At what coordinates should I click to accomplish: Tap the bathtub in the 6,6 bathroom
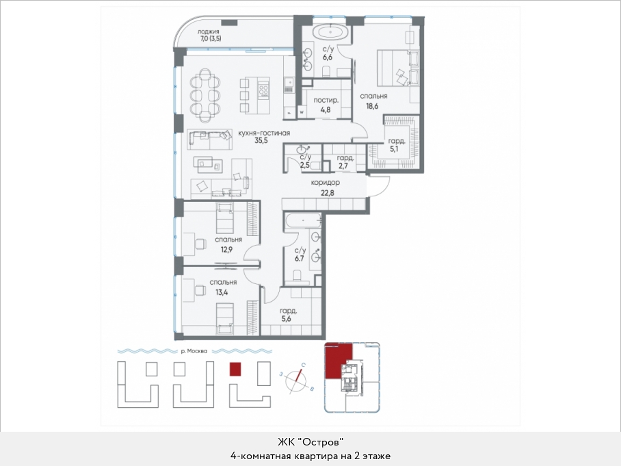(331, 31)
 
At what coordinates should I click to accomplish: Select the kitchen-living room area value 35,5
(261, 140)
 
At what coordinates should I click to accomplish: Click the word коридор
(325, 183)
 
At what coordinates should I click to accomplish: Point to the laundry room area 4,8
(325, 109)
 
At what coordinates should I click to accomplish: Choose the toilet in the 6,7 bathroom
(297, 274)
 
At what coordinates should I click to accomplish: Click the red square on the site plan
(235, 369)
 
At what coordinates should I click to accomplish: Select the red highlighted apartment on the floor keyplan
(337, 361)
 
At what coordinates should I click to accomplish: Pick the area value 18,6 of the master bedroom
(372, 106)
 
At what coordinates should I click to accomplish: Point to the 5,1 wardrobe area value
(394, 149)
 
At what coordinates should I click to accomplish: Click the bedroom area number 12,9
(226, 250)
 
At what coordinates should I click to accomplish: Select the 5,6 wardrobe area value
(287, 318)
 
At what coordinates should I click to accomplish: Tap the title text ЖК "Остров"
(310, 441)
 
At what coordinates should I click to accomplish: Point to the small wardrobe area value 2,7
(343, 166)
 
